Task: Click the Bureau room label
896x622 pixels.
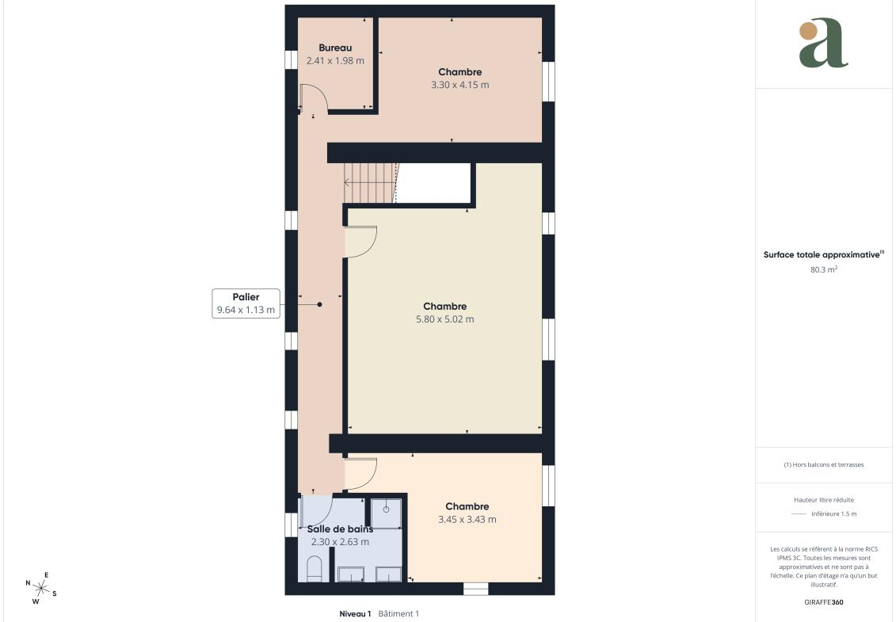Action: (335, 48)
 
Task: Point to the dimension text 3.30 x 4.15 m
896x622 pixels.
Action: (460, 85)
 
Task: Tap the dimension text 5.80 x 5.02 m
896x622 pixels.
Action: (444, 319)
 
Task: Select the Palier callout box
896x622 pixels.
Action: (246, 303)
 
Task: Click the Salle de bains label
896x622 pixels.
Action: (340, 529)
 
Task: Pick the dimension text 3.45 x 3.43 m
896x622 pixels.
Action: (467, 519)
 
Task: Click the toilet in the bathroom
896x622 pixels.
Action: (315, 570)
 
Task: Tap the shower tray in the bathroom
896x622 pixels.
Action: (387, 513)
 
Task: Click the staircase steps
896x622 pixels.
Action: (370, 183)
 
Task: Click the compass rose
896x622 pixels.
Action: (40, 588)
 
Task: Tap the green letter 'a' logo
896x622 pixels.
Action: (823, 43)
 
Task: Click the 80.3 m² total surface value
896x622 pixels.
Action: (823, 269)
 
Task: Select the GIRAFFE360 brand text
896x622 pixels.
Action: (823, 602)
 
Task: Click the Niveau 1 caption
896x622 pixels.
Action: (355, 614)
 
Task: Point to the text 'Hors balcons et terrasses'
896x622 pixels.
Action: (828, 465)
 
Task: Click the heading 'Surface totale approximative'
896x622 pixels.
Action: (822, 255)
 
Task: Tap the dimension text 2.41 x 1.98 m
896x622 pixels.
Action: (335, 60)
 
